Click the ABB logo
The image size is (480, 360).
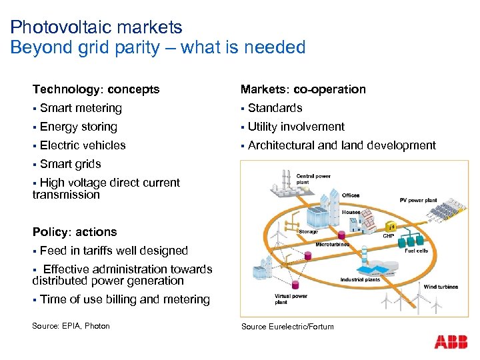tap(451, 342)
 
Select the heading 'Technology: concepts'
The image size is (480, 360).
tap(96, 89)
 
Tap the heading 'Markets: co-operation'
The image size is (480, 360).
tap(303, 89)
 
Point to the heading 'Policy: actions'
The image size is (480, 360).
tap(75, 232)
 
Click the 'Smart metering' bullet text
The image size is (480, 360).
tap(81, 108)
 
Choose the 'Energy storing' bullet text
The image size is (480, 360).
tap(78, 127)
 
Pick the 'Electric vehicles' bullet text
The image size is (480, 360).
tap(83, 145)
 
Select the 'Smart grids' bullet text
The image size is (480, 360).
tap(70, 164)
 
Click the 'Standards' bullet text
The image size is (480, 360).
tap(275, 108)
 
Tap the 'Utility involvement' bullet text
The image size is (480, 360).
tap(296, 127)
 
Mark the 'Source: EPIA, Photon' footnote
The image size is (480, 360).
tap(71, 326)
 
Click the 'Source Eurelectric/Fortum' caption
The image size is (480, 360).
tap(287, 326)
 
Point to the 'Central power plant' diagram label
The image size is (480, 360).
tap(313, 179)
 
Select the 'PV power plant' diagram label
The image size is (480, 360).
tap(417, 200)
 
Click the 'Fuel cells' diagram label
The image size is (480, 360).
tap(416, 251)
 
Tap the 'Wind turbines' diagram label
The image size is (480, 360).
tap(441, 287)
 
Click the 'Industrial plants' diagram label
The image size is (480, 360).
tap(360, 280)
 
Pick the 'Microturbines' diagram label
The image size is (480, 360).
tap(332, 245)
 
